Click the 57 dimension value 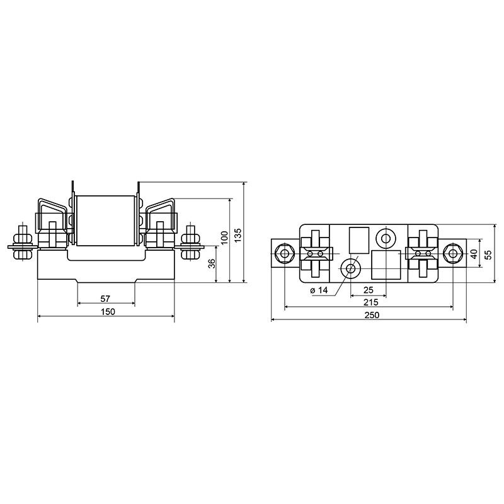(x=105, y=299)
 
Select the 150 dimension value (x=108, y=311)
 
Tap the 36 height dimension (x=212, y=263)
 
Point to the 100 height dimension (x=225, y=238)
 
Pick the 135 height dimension (x=238, y=235)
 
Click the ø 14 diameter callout (x=319, y=290)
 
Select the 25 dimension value (x=369, y=290)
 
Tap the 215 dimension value (x=371, y=302)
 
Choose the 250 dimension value (x=372, y=314)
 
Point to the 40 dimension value (x=474, y=255)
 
